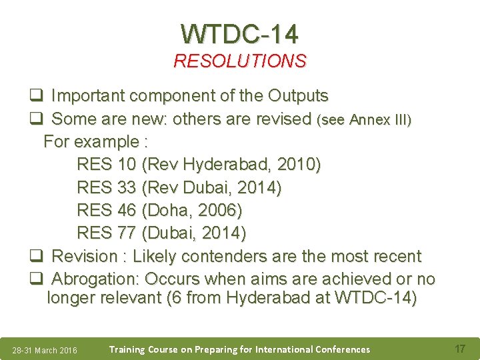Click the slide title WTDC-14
tap(240, 33)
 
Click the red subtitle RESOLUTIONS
tap(240, 61)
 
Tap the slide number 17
tap(459, 349)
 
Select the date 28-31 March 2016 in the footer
tap(45, 351)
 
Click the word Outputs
tap(298, 96)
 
